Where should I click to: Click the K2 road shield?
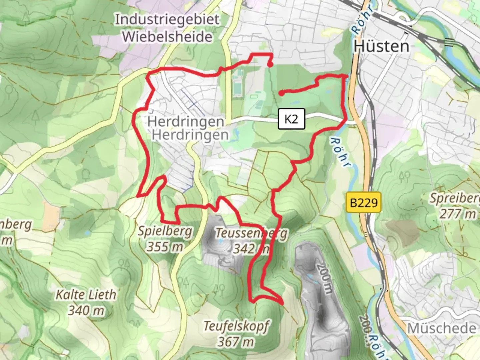[x=291, y=119]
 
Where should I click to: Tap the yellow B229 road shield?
[x=364, y=202]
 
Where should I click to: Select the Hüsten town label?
[x=381, y=46]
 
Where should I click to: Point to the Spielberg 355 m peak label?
[x=165, y=239]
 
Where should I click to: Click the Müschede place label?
[x=442, y=328]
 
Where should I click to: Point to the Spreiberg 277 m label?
[x=455, y=206]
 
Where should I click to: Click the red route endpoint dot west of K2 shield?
[x=282, y=93]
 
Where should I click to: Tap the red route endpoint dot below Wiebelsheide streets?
[x=270, y=65]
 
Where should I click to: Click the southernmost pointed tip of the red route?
[x=283, y=304]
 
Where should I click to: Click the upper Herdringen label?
[x=185, y=121]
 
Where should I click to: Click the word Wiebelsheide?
[x=167, y=36]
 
